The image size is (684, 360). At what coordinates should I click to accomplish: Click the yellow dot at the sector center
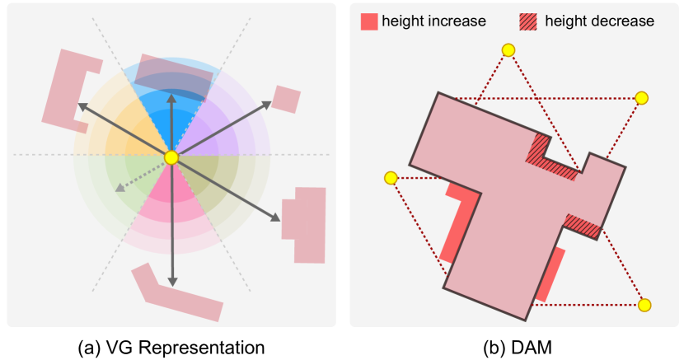tap(171, 157)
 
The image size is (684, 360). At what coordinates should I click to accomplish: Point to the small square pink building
tap(286, 99)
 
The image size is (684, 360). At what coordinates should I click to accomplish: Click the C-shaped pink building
tap(64, 88)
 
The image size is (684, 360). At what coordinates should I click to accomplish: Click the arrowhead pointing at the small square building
tap(268, 104)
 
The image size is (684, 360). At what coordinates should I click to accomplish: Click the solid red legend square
tap(368, 21)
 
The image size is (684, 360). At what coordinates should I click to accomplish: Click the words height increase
tap(433, 21)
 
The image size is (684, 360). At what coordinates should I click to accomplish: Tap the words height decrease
tap(599, 21)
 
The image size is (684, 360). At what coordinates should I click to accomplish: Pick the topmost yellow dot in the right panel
tap(508, 50)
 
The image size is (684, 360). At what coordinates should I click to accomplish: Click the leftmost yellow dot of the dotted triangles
tap(391, 178)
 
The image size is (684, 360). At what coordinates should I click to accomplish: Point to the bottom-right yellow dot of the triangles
tap(644, 305)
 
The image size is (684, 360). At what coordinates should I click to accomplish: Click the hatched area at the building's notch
tap(550, 157)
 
